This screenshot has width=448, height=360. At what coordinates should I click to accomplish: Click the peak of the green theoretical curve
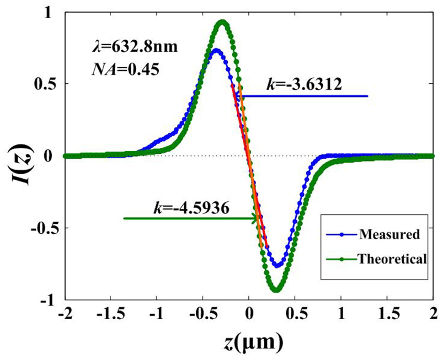[222, 23]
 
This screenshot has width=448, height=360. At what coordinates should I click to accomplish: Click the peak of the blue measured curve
[216, 51]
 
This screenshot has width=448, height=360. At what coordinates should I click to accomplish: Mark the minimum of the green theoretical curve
[277, 289]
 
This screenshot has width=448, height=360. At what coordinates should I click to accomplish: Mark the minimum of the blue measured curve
[277, 266]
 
